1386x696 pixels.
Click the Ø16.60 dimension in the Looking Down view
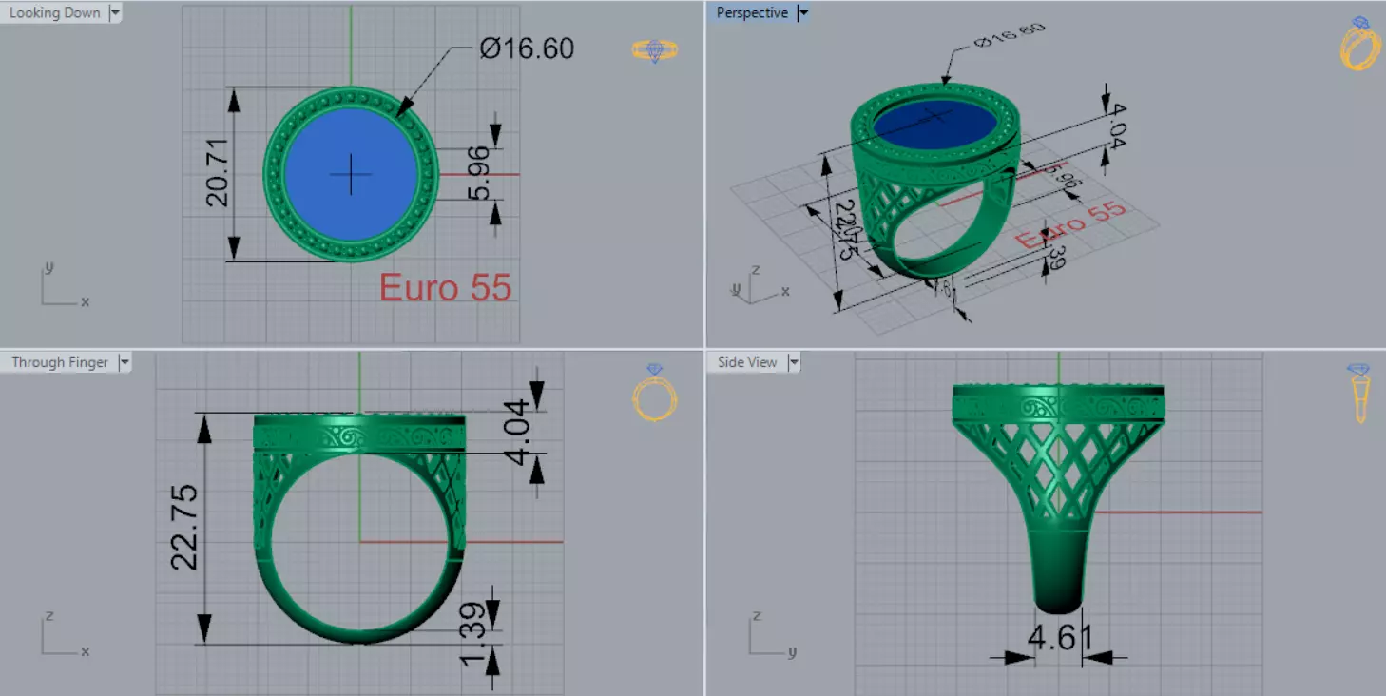(527, 48)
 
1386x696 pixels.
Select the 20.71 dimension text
(218, 173)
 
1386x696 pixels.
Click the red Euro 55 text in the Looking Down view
(445, 287)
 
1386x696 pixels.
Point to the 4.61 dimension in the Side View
(1060, 636)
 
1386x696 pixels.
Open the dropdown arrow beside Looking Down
(115, 13)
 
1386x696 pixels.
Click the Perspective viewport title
(752, 13)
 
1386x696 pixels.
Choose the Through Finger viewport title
(59, 362)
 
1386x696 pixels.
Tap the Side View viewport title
(747, 362)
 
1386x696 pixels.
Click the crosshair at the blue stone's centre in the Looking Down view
(352, 174)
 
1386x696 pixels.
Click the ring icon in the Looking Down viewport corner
(655, 50)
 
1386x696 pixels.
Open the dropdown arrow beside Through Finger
(125, 362)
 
